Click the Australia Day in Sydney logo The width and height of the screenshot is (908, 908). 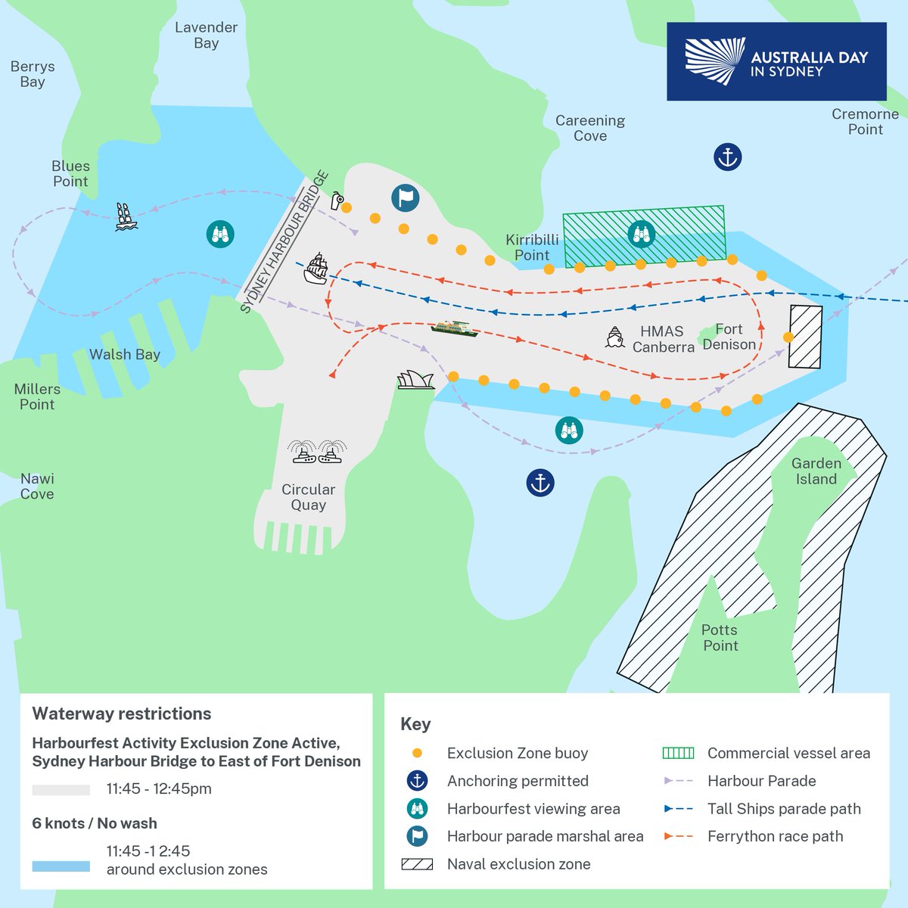point(776,62)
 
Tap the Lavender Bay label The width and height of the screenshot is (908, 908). point(206,35)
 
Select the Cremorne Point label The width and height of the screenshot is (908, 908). point(865,121)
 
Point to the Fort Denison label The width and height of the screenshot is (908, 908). point(729,337)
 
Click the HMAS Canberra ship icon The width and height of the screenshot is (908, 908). point(614,337)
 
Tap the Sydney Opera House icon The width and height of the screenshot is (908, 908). point(416,380)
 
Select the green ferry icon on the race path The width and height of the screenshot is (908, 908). point(454,328)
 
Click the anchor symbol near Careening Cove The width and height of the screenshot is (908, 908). point(727,157)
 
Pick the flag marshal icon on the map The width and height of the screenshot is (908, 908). point(406,198)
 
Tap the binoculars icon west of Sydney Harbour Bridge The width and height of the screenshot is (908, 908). point(220,234)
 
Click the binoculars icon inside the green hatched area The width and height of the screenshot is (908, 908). point(641,234)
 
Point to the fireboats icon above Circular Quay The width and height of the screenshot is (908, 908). point(317,452)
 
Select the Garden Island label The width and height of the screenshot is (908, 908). point(816,471)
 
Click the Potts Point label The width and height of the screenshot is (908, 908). point(720,637)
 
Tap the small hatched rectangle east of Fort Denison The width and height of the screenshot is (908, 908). point(806,337)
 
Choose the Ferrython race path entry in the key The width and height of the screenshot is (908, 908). point(775,836)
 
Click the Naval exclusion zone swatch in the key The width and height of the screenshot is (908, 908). point(417,864)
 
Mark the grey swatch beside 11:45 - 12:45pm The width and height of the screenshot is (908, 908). point(61,789)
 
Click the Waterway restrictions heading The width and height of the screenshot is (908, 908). point(122,714)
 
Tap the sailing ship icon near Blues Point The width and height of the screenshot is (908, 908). point(126,216)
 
